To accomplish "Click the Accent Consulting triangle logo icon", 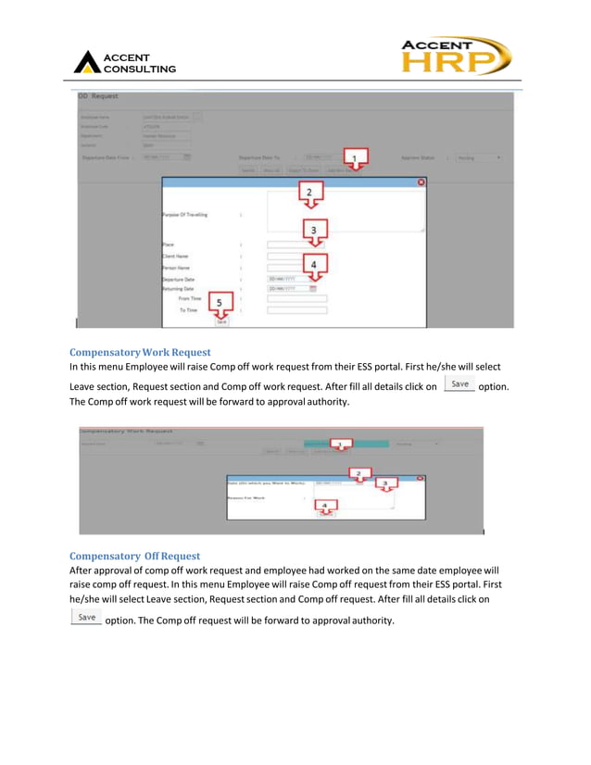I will point(87,62).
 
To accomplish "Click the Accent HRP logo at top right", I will point(455,57).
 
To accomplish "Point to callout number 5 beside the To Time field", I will point(220,303).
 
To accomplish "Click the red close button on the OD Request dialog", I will point(421,182).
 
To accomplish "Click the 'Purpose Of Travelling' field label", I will point(185,215).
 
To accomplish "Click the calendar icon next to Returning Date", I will point(312,289).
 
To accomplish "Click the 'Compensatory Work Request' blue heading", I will point(140,352).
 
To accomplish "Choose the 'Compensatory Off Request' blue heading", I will point(134,556).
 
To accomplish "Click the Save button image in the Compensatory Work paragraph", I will point(459,384).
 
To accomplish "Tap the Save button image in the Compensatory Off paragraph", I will point(86,618).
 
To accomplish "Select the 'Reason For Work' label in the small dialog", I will point(248,499).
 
